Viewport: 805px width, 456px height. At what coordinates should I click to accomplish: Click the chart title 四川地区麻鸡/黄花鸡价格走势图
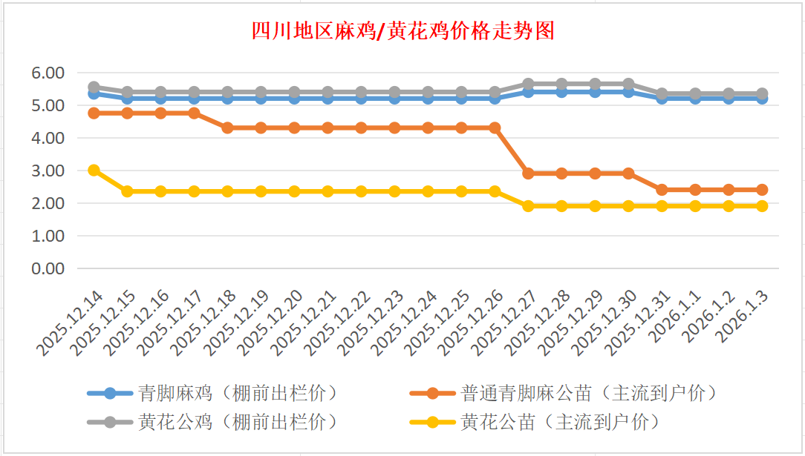pos(402,32)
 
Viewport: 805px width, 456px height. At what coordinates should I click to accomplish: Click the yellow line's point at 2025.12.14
pos(94,171)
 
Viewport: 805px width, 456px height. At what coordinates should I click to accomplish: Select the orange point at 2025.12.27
pos(528,174)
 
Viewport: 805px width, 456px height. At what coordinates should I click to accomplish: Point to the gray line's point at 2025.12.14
pos(94,87)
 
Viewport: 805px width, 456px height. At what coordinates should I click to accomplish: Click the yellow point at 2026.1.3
pos(762,206)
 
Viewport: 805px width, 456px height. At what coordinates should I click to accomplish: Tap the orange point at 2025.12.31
pos(662,190)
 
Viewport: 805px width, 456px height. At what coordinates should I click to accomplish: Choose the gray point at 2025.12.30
pos(628,84)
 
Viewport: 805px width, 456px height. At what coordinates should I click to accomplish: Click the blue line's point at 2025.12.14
pos(94,93)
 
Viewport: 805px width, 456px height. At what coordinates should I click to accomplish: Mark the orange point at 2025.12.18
pos(228,128)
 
